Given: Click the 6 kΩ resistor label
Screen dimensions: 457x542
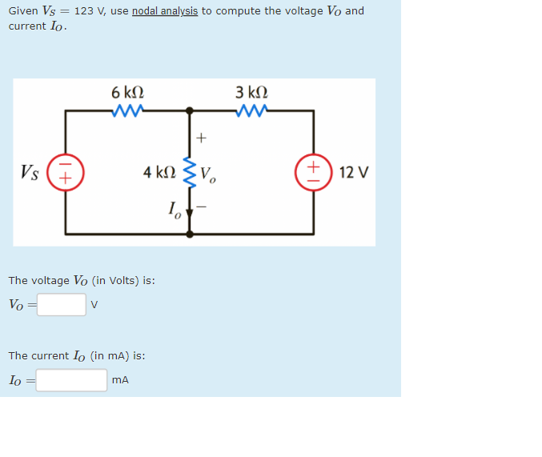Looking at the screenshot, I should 128,92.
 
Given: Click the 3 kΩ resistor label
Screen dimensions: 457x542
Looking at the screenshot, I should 252,92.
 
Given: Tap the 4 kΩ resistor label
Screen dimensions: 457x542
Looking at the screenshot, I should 159,172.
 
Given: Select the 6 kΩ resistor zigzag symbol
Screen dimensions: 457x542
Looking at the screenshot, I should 128,110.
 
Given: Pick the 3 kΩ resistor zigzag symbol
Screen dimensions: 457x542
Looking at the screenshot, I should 252,110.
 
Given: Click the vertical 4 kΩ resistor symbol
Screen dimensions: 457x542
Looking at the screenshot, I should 190,171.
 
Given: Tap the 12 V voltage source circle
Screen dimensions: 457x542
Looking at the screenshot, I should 313,172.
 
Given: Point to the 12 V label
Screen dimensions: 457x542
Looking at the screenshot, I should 353,172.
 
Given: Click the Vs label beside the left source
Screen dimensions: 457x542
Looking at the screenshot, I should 30,172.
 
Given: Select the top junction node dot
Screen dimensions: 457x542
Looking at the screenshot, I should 190,110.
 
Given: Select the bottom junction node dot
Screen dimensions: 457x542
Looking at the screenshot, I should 190,234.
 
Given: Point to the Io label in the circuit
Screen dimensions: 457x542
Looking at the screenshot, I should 175,211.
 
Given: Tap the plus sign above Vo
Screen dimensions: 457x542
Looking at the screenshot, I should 201,138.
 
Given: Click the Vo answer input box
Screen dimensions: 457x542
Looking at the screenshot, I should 61,305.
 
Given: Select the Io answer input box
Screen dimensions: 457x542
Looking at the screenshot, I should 71,380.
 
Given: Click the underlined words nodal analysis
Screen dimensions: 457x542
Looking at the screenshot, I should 165,11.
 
